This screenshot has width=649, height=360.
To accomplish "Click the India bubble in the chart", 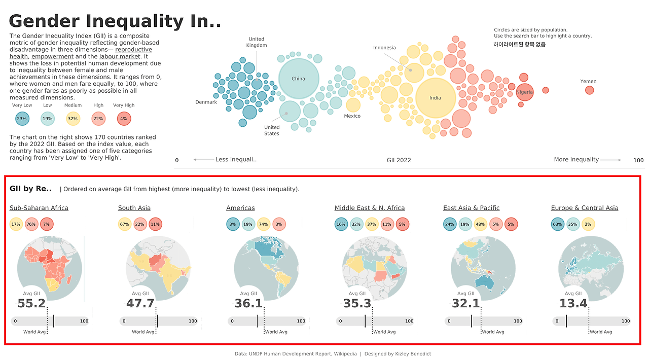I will point(435,98).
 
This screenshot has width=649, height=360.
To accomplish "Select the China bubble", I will point(299,79).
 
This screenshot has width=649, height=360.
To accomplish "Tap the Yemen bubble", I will point(589,90).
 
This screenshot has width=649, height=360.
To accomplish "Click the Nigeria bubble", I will point(525,92).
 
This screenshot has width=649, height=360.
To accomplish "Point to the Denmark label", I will point(206,102).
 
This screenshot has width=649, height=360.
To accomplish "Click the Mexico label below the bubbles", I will point(352,116).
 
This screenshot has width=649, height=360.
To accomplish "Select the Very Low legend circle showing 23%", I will point(22,119).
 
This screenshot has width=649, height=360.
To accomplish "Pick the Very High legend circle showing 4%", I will point(124,119).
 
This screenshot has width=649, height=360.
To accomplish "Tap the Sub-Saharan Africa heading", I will point(39,208).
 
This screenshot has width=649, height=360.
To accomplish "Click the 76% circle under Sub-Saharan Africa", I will point(31,224).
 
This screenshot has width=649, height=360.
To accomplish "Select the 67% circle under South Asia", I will point(125,224).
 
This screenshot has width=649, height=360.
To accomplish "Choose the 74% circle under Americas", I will point(264,224).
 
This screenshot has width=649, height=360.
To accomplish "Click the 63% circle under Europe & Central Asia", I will point(558,224).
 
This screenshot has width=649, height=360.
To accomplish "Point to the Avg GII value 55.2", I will point(31,304).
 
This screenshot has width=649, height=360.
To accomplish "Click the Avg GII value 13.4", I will point(573,304).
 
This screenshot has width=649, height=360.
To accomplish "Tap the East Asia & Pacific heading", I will point(471,208).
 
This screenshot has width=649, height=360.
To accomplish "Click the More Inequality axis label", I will point(576,160).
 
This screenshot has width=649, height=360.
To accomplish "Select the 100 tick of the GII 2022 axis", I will point(638,161).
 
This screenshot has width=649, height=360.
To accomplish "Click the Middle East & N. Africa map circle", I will point(375,268).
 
